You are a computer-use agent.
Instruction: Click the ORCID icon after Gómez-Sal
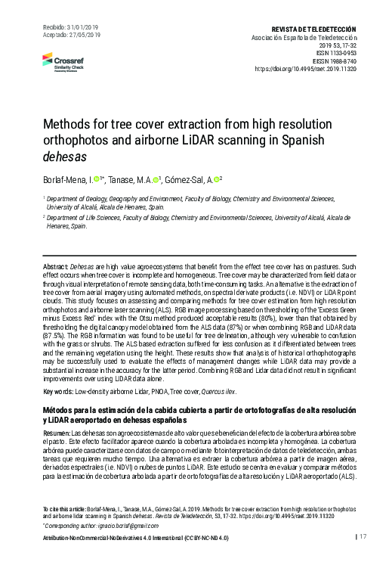[215, 179]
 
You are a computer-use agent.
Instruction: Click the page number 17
[363, 537]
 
